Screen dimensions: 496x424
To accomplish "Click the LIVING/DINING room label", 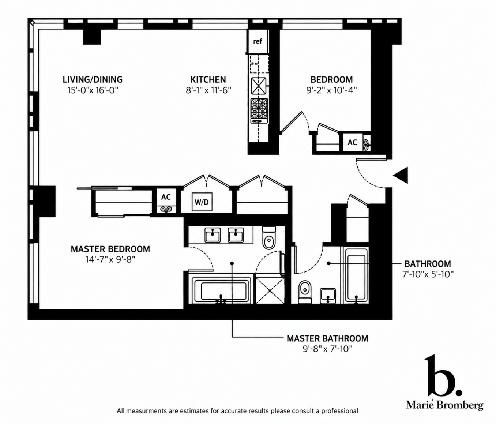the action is pyautogui.click(x=93, y=79).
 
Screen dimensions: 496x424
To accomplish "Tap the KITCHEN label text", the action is pyautogui.click(x=208, y=79).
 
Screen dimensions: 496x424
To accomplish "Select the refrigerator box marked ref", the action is pyautogui.click(x=258, y=41).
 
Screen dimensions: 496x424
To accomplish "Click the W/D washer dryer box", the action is pyautogui.click(x=202, y=202).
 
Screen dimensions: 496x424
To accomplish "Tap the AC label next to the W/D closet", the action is pyautogui.click(x=166, y=197).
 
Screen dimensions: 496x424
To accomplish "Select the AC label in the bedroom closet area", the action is pyautogui.click(x=352, y=143).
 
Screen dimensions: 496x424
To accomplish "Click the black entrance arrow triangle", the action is pyautogui.click(x=401, y=175).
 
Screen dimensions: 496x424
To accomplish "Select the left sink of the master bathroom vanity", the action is pyautogui.click(x=213, y=235).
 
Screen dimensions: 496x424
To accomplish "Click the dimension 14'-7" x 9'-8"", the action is pyautogui.click(x=110, y=260).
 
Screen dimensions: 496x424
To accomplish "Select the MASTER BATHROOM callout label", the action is pyautogui.click(x=327, y=338).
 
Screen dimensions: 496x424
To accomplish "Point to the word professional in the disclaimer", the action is pyautogui.click(x=339, y=411).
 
